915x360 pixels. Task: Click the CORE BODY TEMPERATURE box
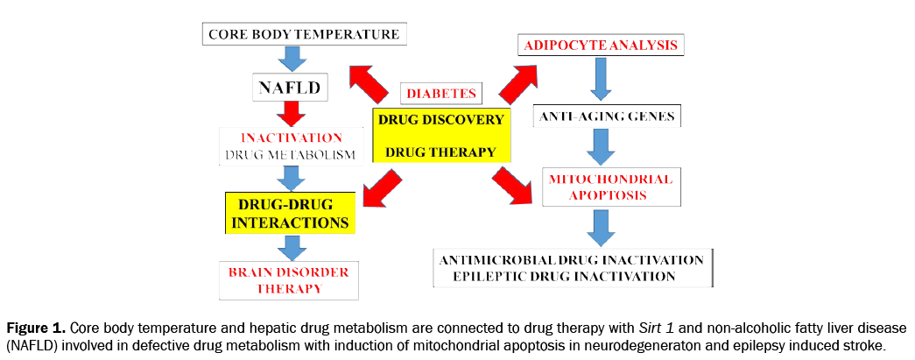(x=304, y=35)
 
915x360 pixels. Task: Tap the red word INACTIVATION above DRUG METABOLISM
(x=292, y=138)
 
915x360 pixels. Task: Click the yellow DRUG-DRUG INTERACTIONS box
(x=290, y=213)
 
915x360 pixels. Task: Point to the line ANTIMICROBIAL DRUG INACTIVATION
(x=572, y=260)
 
